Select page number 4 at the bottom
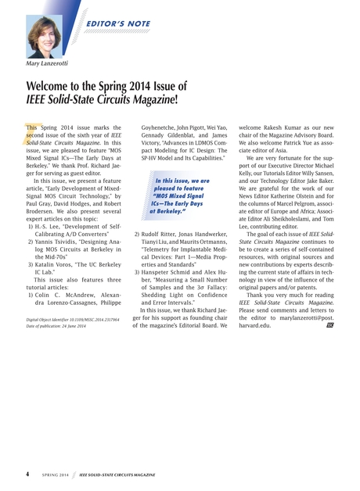(28, 473)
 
